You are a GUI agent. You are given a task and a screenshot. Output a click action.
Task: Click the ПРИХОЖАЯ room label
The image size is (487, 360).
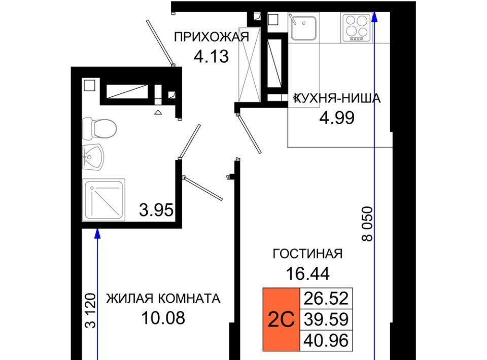(x=212, y=37)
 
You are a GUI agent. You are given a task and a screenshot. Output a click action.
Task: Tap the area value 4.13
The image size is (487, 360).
(x=211, y=56)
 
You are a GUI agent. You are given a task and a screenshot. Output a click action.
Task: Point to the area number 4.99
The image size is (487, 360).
(x=337, y=118)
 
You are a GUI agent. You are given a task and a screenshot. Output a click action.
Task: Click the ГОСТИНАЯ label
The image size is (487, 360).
(x=307, y=254)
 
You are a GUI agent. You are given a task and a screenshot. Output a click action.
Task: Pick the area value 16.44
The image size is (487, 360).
(x=307, y=274)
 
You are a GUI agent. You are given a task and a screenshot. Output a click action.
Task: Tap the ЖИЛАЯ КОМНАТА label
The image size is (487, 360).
(x=163, y=298)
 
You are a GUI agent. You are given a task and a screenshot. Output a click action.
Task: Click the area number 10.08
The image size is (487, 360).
(x=163, y=318)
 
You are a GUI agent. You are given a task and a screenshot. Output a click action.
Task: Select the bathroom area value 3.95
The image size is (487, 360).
(x=156, y=210)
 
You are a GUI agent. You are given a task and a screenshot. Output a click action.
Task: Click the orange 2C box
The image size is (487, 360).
(x=282, y=319)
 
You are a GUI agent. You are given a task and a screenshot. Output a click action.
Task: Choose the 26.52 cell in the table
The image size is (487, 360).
(x=326, y=299)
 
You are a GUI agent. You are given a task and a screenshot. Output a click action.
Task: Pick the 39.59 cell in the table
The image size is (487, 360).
(x=326, y=319)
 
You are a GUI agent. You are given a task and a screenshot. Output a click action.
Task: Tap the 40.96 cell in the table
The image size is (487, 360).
(x=326, y=340)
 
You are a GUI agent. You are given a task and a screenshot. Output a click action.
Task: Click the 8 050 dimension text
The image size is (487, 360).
(x=367, y=224)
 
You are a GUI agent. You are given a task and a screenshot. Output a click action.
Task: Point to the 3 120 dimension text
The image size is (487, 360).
(x=91, y=310)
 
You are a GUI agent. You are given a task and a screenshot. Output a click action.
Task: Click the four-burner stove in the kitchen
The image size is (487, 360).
(x=357, y=27)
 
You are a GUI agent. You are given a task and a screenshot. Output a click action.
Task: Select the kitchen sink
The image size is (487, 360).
(x=303, y=27)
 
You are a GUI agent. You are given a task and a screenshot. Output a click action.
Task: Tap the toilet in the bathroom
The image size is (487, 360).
(x=99, y=128)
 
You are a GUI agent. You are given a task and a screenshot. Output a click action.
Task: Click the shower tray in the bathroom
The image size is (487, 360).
(x=103, y=200)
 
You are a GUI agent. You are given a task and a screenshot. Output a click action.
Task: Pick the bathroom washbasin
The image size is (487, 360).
(x=92, y=157)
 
